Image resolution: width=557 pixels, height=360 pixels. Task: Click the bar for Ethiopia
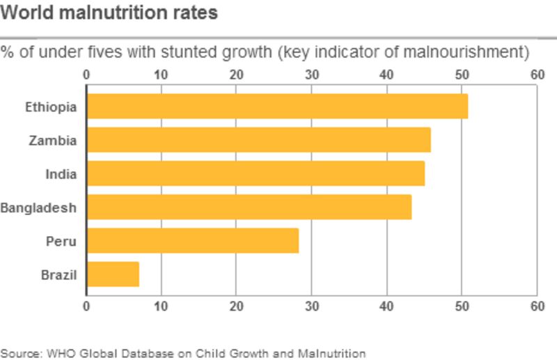[x=277, y=107]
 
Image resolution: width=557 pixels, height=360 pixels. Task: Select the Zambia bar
[x=258, y=140]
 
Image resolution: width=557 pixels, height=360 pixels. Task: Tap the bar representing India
[x=256, y=173]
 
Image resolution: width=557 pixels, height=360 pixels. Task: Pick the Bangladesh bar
[x=249, y=207]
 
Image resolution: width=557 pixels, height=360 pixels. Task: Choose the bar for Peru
[x=192, y=241]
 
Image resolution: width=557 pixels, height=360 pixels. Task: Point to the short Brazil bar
[x=113, y=274]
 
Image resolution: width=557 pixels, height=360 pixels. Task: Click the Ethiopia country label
[x=51, y=107]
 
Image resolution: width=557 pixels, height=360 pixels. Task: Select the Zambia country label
[x=53, y=141]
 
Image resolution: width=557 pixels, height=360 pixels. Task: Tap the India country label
[x=61, y=174]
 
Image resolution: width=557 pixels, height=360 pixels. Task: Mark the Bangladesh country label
[x=38, y=208]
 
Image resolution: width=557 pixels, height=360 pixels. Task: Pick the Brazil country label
[x=58, y=275]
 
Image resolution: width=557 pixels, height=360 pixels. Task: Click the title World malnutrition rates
[x=109, y=13]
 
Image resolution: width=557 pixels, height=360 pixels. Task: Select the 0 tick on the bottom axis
[x=86, y=306]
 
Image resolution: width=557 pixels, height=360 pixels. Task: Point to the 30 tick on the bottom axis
[x=311, y=306]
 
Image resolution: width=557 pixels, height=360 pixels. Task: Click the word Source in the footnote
[x=20, y=353]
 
